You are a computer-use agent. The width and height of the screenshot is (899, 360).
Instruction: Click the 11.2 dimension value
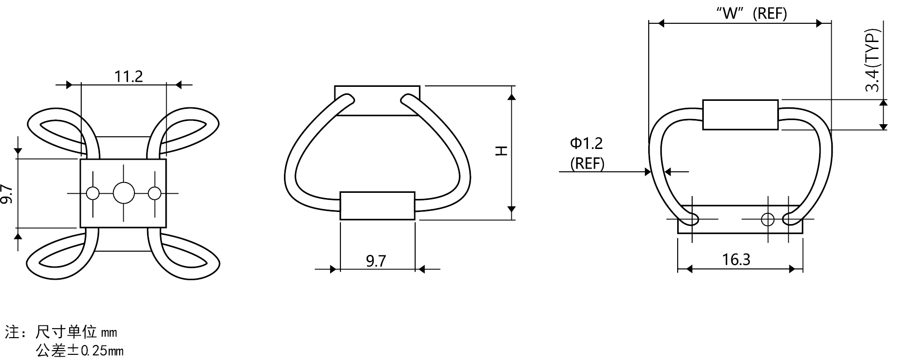(x=129, y=76)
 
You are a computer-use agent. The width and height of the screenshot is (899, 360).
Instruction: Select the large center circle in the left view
(x=124, y=193)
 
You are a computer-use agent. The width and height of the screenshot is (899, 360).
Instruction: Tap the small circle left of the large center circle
(x=93, y=193)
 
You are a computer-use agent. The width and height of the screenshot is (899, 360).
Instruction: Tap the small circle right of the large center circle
(x=155, y=193)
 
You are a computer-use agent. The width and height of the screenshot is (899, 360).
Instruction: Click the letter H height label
(x=501, y=151)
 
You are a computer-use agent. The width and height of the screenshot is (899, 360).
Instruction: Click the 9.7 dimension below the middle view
(x=376, y=261)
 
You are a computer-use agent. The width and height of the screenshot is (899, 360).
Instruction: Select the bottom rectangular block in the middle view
(x=377, y=205)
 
